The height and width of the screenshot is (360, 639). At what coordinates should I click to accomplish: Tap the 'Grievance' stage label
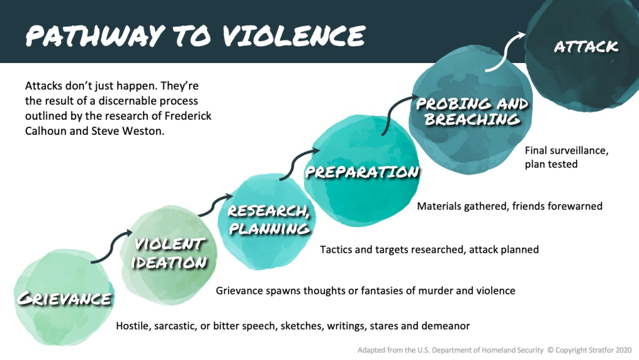tap(64, 298)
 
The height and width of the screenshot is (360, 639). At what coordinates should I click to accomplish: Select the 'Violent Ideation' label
tap(168, 252)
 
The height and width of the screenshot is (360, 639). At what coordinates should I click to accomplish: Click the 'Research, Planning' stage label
tap(268, 219)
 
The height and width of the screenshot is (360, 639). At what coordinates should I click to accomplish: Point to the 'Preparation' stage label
tap(361, 172)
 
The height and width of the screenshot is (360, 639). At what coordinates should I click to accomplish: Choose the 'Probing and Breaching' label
tap(471, 110)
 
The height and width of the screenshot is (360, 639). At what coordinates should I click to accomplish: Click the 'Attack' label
tap(585, 46)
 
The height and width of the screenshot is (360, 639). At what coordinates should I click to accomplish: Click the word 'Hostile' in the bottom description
tap(134, 326)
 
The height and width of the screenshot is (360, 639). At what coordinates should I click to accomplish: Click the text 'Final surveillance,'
tap(566, 150)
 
